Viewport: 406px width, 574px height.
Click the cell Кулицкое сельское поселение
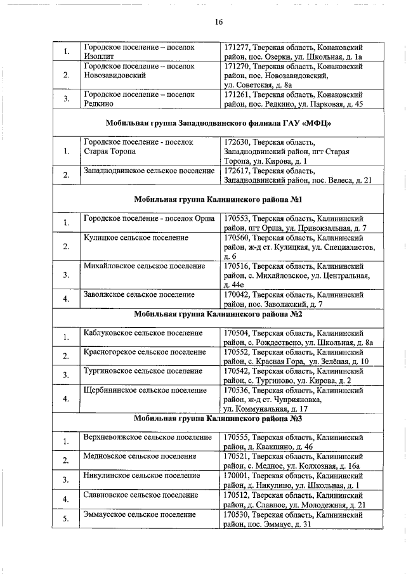point(136,237)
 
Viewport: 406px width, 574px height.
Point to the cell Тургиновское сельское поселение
point(143,370)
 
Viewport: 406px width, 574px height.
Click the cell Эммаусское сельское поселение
point(140,514)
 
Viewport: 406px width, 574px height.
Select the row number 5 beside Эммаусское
point(65,519)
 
